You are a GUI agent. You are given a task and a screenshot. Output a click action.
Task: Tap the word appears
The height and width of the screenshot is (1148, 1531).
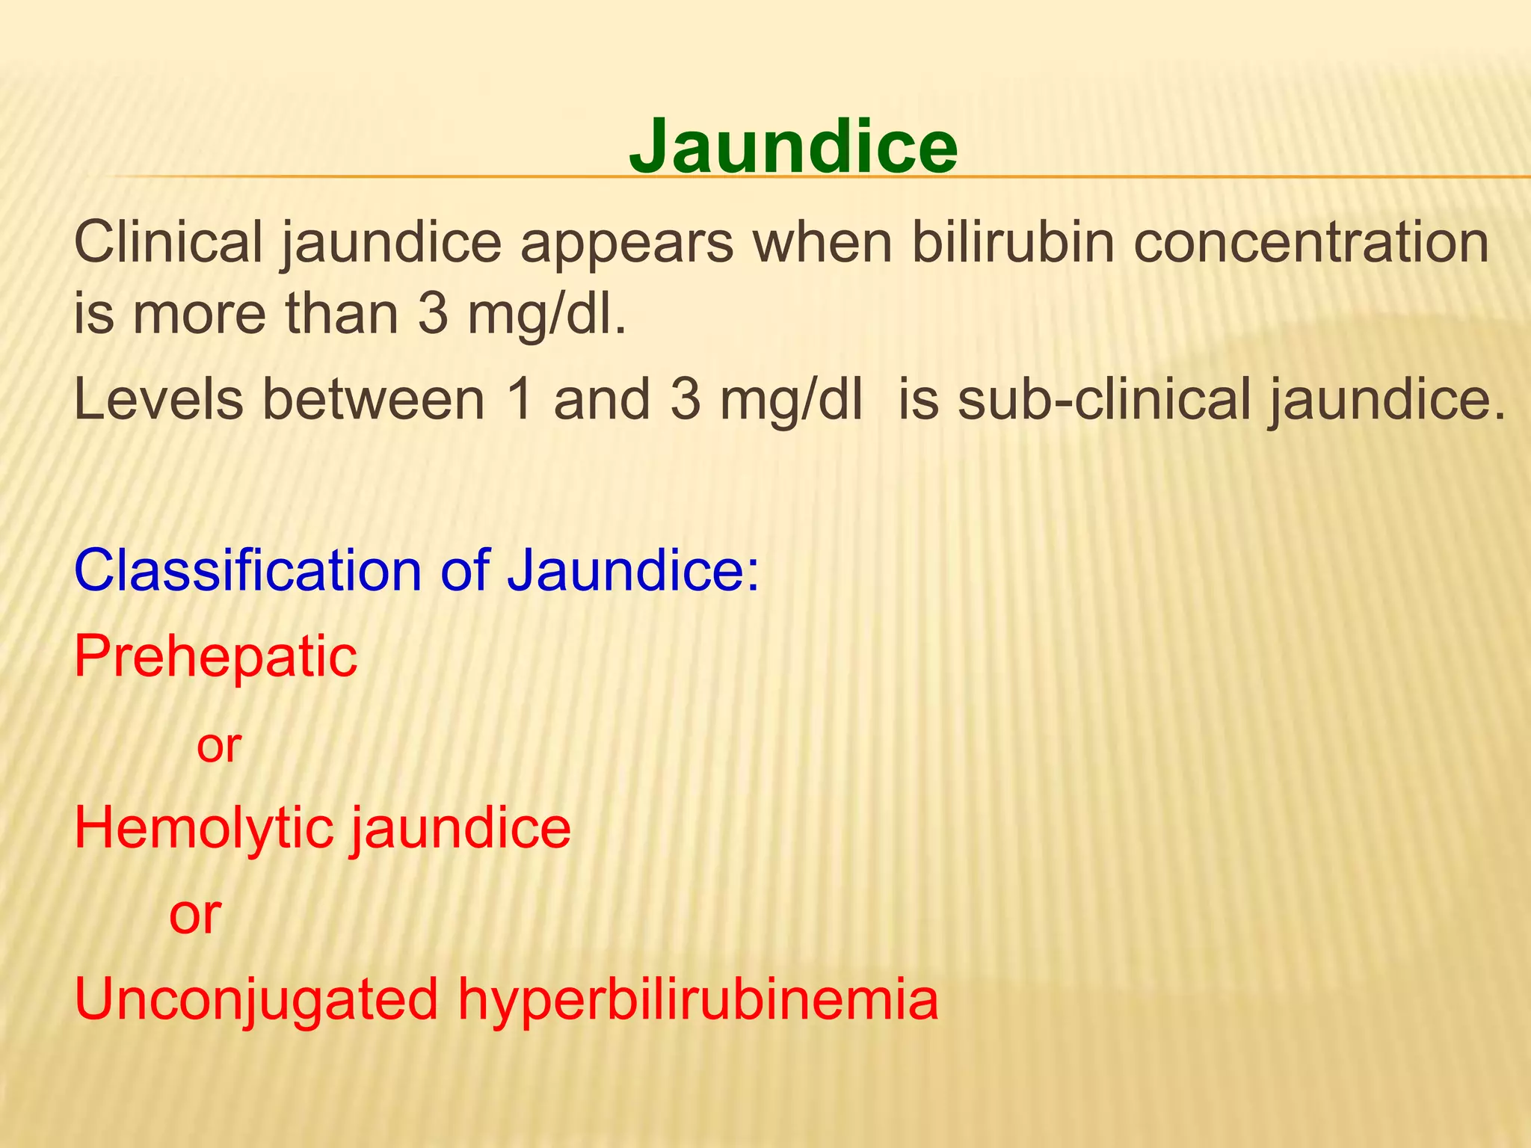coord(627,244)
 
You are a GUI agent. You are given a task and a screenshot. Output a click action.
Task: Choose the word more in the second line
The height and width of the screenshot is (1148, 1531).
coord(199,314)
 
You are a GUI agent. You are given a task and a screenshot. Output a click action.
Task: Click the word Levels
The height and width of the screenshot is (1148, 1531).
coord(158,399)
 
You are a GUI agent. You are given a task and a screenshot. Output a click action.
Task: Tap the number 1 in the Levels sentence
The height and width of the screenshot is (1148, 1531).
coord(520,399)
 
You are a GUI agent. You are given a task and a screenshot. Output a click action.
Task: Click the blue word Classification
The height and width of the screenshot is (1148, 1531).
coord(247,570)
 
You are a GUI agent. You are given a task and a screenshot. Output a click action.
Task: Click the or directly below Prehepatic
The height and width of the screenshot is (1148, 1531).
coord(218,745)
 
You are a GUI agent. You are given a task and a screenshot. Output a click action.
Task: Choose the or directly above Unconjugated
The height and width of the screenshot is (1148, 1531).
coord(195,914)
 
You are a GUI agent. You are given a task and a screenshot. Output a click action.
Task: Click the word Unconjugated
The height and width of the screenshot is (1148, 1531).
coord(256,1000)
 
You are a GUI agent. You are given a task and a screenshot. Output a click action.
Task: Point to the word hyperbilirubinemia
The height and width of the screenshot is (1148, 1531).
coord(698,1000)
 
